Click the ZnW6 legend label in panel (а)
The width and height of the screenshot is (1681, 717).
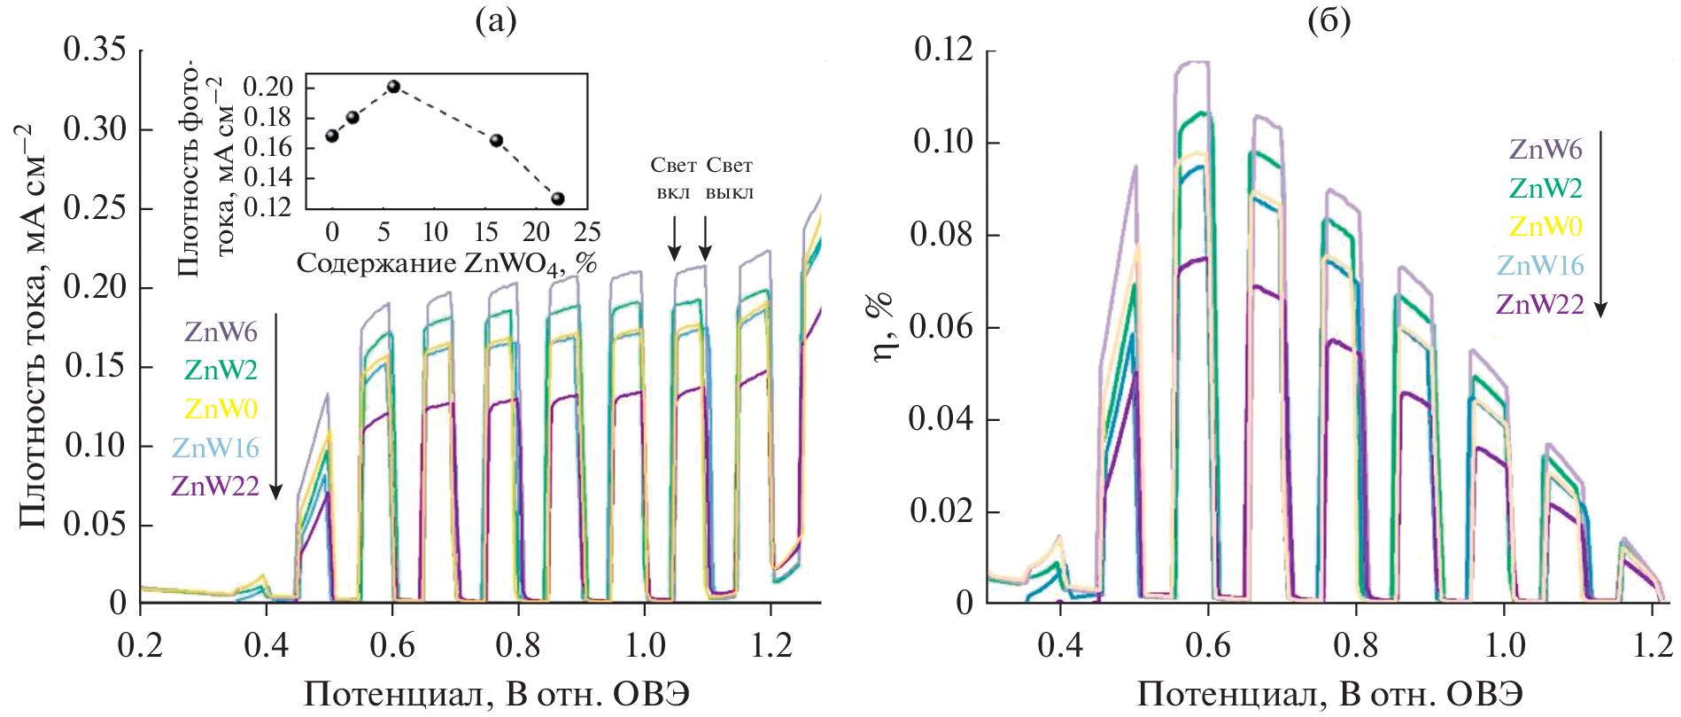point(221,332)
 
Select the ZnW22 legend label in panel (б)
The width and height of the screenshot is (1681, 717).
point(1540,304)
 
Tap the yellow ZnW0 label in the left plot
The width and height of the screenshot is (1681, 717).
point(221,409)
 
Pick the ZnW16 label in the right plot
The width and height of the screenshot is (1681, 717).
point(1540,265)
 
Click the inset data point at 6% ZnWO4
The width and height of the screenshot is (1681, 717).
point(394,87)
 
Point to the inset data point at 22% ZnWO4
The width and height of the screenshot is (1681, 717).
point(558,199)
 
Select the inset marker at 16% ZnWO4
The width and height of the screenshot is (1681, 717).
point(497,141)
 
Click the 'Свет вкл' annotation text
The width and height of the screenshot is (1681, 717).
point(673,178)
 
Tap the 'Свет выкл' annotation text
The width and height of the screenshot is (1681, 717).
point(730,178)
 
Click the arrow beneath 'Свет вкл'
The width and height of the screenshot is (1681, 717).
point(674,238)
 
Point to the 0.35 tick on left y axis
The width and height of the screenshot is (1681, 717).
point(95,50)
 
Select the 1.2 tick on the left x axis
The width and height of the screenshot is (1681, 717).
point(771,645)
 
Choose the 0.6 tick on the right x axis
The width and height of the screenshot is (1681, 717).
point(1208,645)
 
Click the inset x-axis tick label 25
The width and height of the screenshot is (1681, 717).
point(587,232)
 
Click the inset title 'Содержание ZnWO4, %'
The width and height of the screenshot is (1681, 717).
point(445,264)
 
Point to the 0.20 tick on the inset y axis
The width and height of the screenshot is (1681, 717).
point(267,87)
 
